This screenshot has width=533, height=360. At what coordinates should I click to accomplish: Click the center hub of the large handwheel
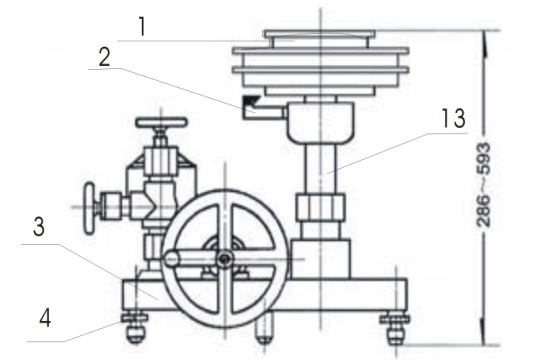pos(228,258)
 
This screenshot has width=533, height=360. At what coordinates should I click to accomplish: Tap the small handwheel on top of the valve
pos(162,124)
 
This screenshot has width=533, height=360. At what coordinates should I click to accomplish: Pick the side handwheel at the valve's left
pos(91,206)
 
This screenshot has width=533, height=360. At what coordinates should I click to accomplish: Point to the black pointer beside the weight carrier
pos(250,103)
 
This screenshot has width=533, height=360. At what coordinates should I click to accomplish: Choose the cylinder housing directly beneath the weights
pos(320,120)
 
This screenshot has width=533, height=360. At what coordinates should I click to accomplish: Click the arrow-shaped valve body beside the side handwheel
pos(139,206)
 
